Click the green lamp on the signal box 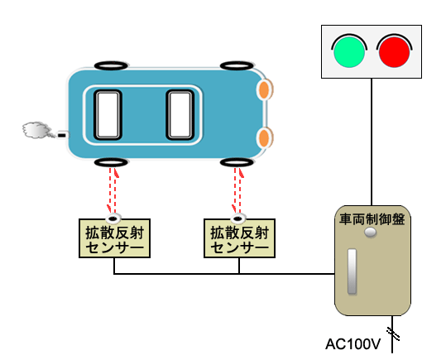(x=349, y=52)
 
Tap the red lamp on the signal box (x=394, y=52)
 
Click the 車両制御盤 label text (x=372, y=219)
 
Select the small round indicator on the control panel (x=371, y=233)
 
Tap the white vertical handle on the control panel (x=352, y=271)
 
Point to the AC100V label (x=352, y=344)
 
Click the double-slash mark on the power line (x=393, y=334)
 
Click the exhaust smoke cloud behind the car (x=36, y=130)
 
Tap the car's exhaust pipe (x=63, y=135)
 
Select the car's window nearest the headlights (x=180, y=115)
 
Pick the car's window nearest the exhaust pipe (x=108, y=115)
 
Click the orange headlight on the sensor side (x=265, y=138)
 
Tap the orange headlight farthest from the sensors (x=265, y=89)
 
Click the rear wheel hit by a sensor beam (x=111, y=163)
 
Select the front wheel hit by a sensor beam (x=237, y=163)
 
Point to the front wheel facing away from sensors (x=237, y=65)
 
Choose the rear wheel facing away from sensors (x=111, y=65)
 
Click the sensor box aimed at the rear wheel (x=114, y=238)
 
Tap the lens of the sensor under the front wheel (x=238, y=218)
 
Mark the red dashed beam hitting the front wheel (x=237, y=190)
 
